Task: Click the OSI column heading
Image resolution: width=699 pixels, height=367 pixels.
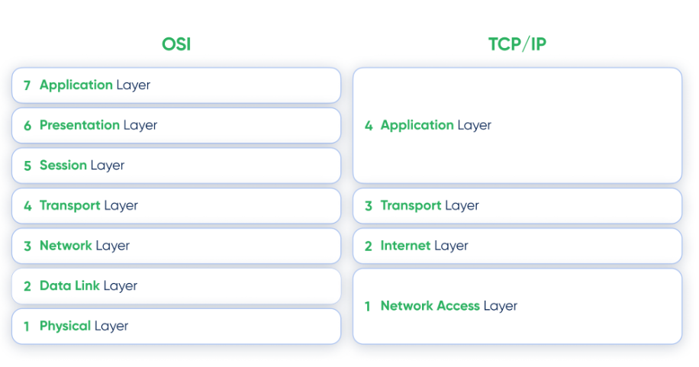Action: click(x=176, y=44)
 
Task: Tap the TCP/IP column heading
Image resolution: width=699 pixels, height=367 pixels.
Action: click(x=517, y=44)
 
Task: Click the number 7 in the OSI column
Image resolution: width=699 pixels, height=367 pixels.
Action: click(x=27, y=85)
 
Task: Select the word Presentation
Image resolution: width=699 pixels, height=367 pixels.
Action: click(x=80, y=125)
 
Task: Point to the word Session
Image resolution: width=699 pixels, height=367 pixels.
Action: click(x=63, y=165)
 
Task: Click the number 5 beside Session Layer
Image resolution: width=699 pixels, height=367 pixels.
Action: click(x=27, y=166)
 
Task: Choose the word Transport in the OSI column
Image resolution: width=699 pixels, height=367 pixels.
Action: click(x=70, y=205)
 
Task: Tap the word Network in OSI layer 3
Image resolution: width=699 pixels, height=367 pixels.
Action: click(x=66, y=245)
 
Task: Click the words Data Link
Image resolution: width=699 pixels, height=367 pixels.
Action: click(x=69, y=285)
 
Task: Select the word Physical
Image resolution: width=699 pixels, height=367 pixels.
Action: click(x=65, y=326)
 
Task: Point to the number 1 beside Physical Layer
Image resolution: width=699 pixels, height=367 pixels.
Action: click(x=27, y=327)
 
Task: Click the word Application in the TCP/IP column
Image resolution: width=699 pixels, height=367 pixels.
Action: click(x=417, y=125)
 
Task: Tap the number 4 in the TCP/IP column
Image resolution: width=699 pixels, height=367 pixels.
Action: click(x=369, y=126)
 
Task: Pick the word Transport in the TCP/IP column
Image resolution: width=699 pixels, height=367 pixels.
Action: click(x=411, y=205)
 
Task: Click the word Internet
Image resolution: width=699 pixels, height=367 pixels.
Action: click(x=405, y=245)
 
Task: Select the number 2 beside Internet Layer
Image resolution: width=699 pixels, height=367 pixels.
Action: click(x=369, y=246)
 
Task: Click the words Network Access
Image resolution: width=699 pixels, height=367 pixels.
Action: click(x=430, y=305)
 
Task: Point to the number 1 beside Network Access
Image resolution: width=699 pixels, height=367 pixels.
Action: click(x=367, y=307)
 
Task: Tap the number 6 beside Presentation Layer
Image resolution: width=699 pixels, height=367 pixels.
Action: click(x=27, y=126)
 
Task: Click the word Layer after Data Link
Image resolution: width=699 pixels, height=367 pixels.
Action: click(x=121, y=286)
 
